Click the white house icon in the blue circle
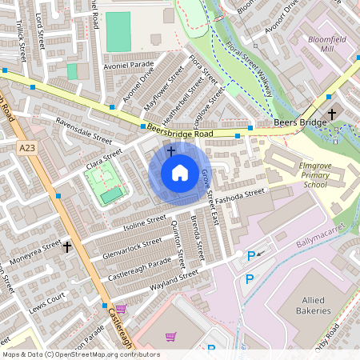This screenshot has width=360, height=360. pos(179,173)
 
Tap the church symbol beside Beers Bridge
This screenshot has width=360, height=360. pos(334,114)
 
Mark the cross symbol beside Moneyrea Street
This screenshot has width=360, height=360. pos(67,247)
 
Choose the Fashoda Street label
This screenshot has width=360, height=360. pos(244,195)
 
